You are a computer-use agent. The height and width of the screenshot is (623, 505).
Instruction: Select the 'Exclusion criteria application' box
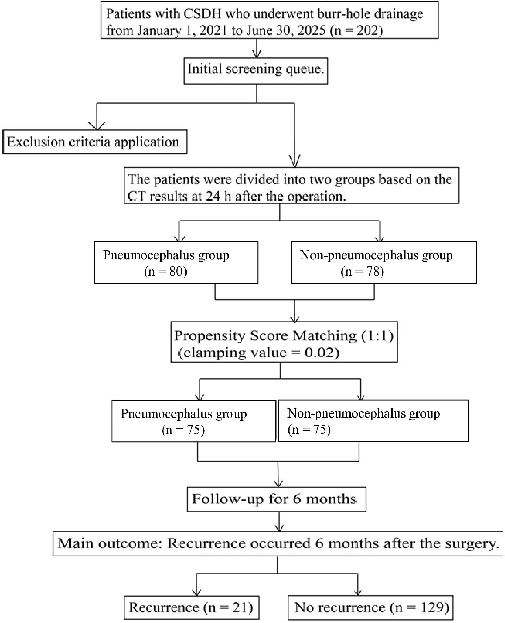tap(95, 142)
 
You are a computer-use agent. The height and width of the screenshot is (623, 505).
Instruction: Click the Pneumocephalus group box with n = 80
tap(176, 263)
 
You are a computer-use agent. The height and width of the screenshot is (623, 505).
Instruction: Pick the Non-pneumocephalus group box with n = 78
tap(384, 263)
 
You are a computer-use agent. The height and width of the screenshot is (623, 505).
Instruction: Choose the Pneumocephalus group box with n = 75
tap(194, 421)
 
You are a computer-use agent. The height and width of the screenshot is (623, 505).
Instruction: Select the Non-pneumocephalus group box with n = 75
tap(373, 420)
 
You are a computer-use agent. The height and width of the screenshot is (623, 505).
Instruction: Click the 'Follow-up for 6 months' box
tap(276, 499)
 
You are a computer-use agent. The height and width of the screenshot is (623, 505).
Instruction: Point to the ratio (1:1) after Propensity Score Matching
tap(377, 335)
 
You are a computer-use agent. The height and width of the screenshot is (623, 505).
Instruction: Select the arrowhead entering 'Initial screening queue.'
tap(257, 54)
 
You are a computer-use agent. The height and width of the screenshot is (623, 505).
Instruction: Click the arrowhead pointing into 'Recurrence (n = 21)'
tap(196, 592)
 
